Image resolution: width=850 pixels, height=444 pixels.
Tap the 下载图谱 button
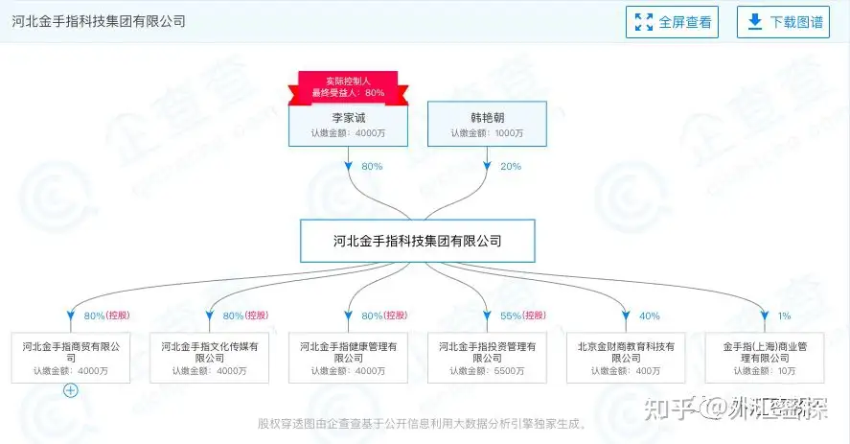(783, 22)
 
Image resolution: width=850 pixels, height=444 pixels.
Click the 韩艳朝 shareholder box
(488, 124)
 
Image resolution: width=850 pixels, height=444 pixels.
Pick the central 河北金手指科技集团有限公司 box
(417, 241)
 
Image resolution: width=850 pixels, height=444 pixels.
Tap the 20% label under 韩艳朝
(511, 167)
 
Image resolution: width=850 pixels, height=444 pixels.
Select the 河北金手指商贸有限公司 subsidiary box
(71, 357)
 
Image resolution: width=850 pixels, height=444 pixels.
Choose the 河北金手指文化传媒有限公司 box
(210, 357)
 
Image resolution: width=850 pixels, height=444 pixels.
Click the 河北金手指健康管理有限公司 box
(349, 357)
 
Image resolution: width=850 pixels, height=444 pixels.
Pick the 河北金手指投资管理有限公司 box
(488, 357)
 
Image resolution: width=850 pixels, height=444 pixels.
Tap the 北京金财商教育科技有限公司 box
(627, 357)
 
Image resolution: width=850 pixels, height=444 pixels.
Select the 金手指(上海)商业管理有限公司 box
(766, 357)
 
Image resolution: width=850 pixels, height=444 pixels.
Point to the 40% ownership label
(650, 315)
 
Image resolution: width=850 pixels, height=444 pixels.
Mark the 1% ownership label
(784, 315)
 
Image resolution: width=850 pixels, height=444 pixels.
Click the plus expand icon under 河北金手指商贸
(70, 390)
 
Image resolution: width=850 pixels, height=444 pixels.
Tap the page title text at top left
(100, 21)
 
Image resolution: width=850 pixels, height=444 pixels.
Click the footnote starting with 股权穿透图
(423, 423)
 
